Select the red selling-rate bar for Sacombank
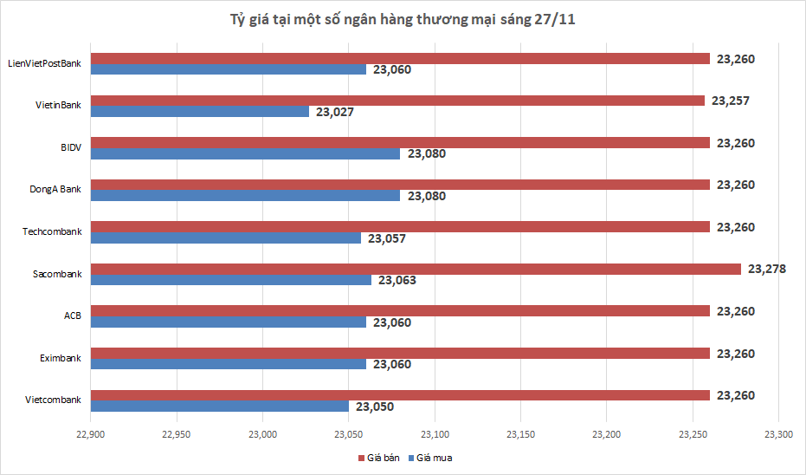coord(416,269)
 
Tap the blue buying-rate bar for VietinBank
coord(199,112)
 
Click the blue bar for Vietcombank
coord(220,407)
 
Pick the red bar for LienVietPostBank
coord(400,58)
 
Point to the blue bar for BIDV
coord(245,153)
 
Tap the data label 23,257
coord(730,101)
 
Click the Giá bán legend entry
coord(379,458)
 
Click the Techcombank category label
coord(53,232)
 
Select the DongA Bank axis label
coord(55,190)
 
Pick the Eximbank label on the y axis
coord(61,358)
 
